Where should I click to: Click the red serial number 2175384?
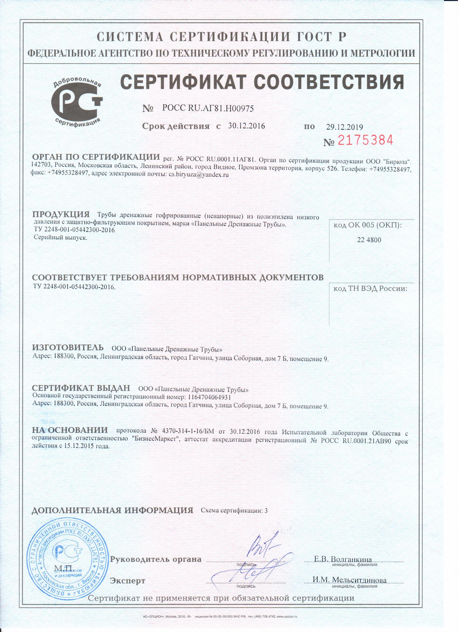(365, 140)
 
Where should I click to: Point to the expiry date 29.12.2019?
(345, 127)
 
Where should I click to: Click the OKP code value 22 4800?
(369, 240)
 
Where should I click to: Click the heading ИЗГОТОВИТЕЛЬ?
(68, 347)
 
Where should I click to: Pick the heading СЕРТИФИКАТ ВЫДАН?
(81, 388)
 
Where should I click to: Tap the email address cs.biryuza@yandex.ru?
(199, 175)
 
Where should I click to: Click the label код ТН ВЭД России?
(370, 289)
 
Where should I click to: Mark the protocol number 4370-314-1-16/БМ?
(187, 432)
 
